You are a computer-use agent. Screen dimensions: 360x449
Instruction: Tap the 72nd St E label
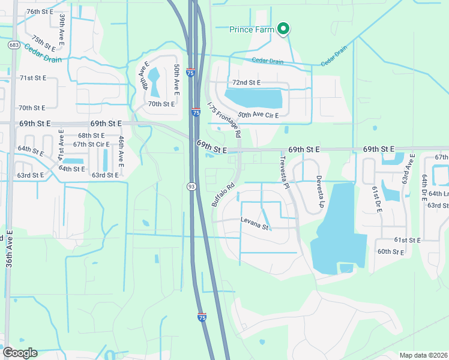click(x=246, y=82)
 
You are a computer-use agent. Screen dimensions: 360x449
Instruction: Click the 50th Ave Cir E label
click(x=258, y=115)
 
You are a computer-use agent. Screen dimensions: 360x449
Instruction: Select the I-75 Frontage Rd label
click(x=223, y=120)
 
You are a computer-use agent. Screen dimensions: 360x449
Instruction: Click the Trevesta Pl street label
click(x=285, y=173)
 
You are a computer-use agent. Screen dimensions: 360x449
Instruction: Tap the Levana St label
click(x=255, y=226)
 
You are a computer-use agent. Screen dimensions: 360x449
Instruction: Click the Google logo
click(x=20, y=353)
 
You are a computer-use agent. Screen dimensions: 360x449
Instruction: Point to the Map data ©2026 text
click(x=423, y=355)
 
